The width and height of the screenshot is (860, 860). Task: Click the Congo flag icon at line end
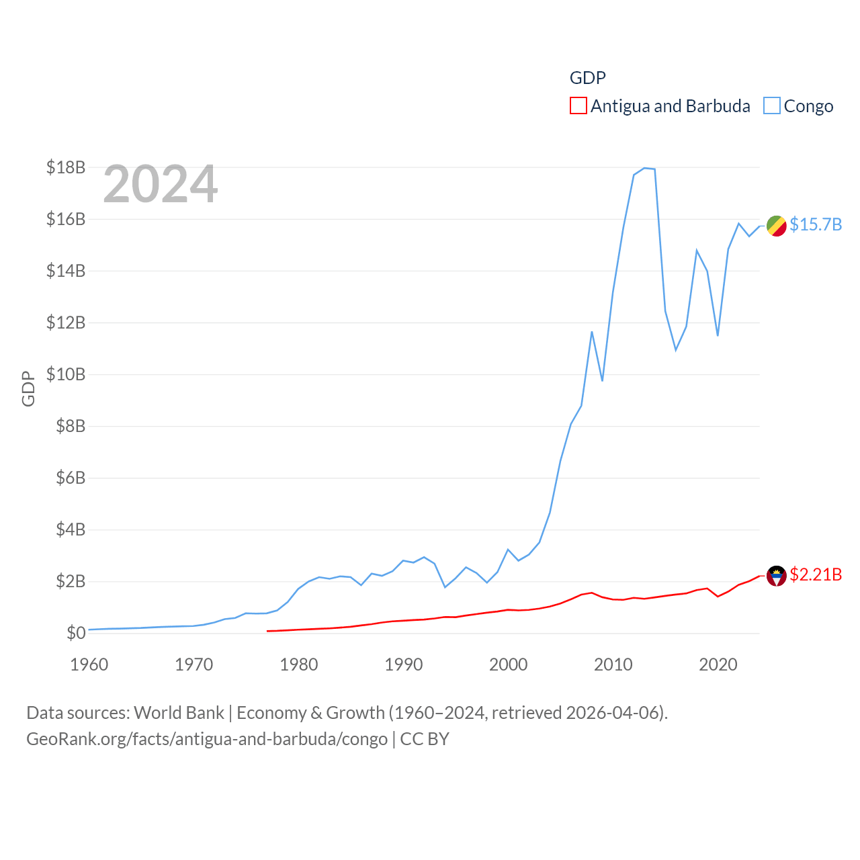click(776, 226)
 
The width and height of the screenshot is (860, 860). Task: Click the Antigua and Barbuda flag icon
click(776, 576)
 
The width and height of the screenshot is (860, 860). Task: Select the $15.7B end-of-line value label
click(816, 224)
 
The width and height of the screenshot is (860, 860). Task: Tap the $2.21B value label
click(816, 574)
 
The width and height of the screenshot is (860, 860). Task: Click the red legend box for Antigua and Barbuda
click(578, 106)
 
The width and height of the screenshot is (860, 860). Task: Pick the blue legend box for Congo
click(772, 106)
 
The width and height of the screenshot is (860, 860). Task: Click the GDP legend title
click(587, 78)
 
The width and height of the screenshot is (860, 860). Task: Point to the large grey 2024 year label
click(161, 183)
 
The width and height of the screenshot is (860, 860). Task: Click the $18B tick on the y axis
click(66, 167)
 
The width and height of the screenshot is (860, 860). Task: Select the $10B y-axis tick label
click(66, 374)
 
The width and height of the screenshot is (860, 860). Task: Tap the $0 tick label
click(76, 633)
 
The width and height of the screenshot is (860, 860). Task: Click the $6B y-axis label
click(71, 478)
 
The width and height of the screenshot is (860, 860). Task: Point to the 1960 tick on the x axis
click(89, 664)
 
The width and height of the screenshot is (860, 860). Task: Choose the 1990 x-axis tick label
click(404, 664)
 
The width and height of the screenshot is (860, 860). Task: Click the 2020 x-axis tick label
click(718, 664)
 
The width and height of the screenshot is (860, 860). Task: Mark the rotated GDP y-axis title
click(28, 388)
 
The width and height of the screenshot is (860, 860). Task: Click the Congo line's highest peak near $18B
click(644, 168)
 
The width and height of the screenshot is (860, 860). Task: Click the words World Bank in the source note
click(179, 712)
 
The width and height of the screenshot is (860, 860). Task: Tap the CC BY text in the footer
click(425, 739)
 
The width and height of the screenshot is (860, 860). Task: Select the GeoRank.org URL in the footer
click(207, 739)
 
